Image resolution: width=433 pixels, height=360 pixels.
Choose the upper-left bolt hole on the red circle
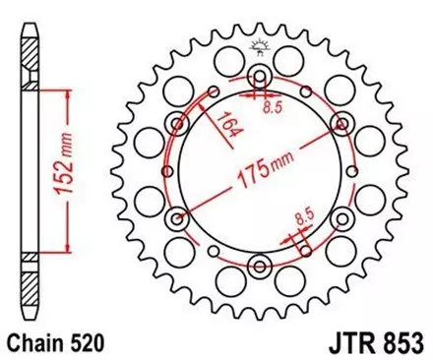[x=178, y=123]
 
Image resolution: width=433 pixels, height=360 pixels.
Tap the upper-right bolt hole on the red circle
[x=341, y=123]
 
